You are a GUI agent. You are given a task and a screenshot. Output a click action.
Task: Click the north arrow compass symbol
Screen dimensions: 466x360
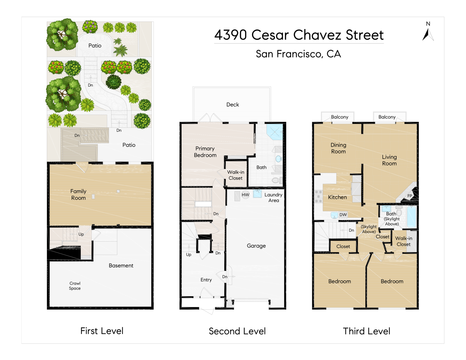click(428, 35)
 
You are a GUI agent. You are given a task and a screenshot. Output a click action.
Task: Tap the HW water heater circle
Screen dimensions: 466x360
click(245, 195)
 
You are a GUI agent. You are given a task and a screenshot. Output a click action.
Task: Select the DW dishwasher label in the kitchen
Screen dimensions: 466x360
click(343, 215)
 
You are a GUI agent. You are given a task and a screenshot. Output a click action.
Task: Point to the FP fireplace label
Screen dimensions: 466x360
click(409, 196)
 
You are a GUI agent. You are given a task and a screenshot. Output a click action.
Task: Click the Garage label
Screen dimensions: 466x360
click(256, 246)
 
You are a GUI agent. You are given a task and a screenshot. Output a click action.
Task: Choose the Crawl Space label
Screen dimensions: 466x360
click(75, 286)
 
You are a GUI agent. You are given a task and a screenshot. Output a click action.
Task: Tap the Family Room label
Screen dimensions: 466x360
click(78, 195)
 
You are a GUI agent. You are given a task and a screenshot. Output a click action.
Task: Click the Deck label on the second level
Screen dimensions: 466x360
click(233, 105)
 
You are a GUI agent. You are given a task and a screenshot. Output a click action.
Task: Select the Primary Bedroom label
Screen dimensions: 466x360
click(205, 152)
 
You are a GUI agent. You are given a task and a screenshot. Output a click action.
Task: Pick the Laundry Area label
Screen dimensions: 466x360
click(273, 197)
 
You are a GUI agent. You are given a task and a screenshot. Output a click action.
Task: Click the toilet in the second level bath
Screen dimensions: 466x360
click(278, 180)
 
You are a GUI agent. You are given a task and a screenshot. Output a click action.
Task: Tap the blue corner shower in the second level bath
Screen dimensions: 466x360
click(275, 132)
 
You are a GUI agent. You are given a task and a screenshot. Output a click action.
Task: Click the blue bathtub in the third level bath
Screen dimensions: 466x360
click(411, 217)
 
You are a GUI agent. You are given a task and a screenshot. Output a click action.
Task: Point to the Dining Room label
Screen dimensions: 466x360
click(338, 148)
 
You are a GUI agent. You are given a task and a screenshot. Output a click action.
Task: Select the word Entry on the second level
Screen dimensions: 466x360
click(206, 280)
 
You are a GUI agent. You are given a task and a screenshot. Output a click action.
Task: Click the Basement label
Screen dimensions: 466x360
click(121, 266)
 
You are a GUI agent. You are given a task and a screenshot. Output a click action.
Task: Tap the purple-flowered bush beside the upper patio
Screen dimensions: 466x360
click(90, 27)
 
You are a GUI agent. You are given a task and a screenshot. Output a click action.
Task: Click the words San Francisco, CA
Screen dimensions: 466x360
click(298, 54)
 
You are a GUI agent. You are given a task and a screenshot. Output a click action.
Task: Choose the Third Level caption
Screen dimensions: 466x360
click(366, 331)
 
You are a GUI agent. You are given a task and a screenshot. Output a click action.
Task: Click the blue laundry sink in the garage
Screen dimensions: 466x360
click(257, 194)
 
